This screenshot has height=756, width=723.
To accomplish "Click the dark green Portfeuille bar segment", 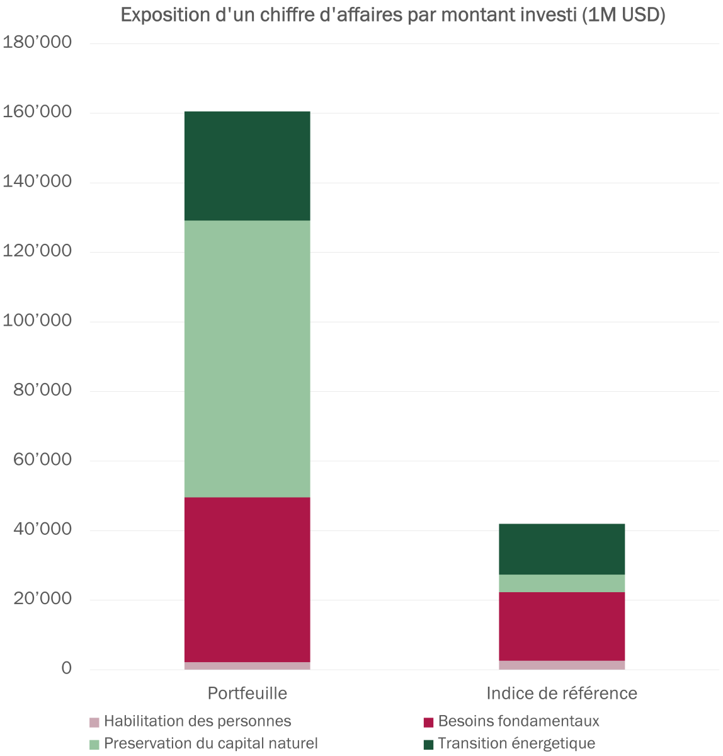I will click(247, 166).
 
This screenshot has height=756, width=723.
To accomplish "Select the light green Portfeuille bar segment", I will click(247, 358).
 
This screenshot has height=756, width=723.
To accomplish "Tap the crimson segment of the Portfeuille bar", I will click(247, 580).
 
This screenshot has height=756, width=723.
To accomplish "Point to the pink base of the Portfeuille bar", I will click(247, 665).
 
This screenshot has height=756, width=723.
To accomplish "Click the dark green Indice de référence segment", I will click(562, 549).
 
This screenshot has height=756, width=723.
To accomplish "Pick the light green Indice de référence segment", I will click(562, 583).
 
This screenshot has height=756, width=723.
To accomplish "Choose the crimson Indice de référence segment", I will click(562, 626).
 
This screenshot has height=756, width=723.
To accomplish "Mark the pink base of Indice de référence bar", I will click(562, 665).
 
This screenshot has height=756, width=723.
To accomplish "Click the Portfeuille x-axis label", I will click(248, 693).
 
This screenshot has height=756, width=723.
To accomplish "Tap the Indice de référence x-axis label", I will click(562, 693).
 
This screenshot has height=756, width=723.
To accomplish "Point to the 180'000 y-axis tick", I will click(38, 43).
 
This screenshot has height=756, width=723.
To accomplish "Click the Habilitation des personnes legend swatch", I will click(95, 722).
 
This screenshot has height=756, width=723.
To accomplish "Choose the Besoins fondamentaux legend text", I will click(518, 721).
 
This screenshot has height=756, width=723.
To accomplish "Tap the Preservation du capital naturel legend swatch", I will click(95, 744).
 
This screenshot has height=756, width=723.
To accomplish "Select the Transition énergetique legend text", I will click(516, 743).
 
